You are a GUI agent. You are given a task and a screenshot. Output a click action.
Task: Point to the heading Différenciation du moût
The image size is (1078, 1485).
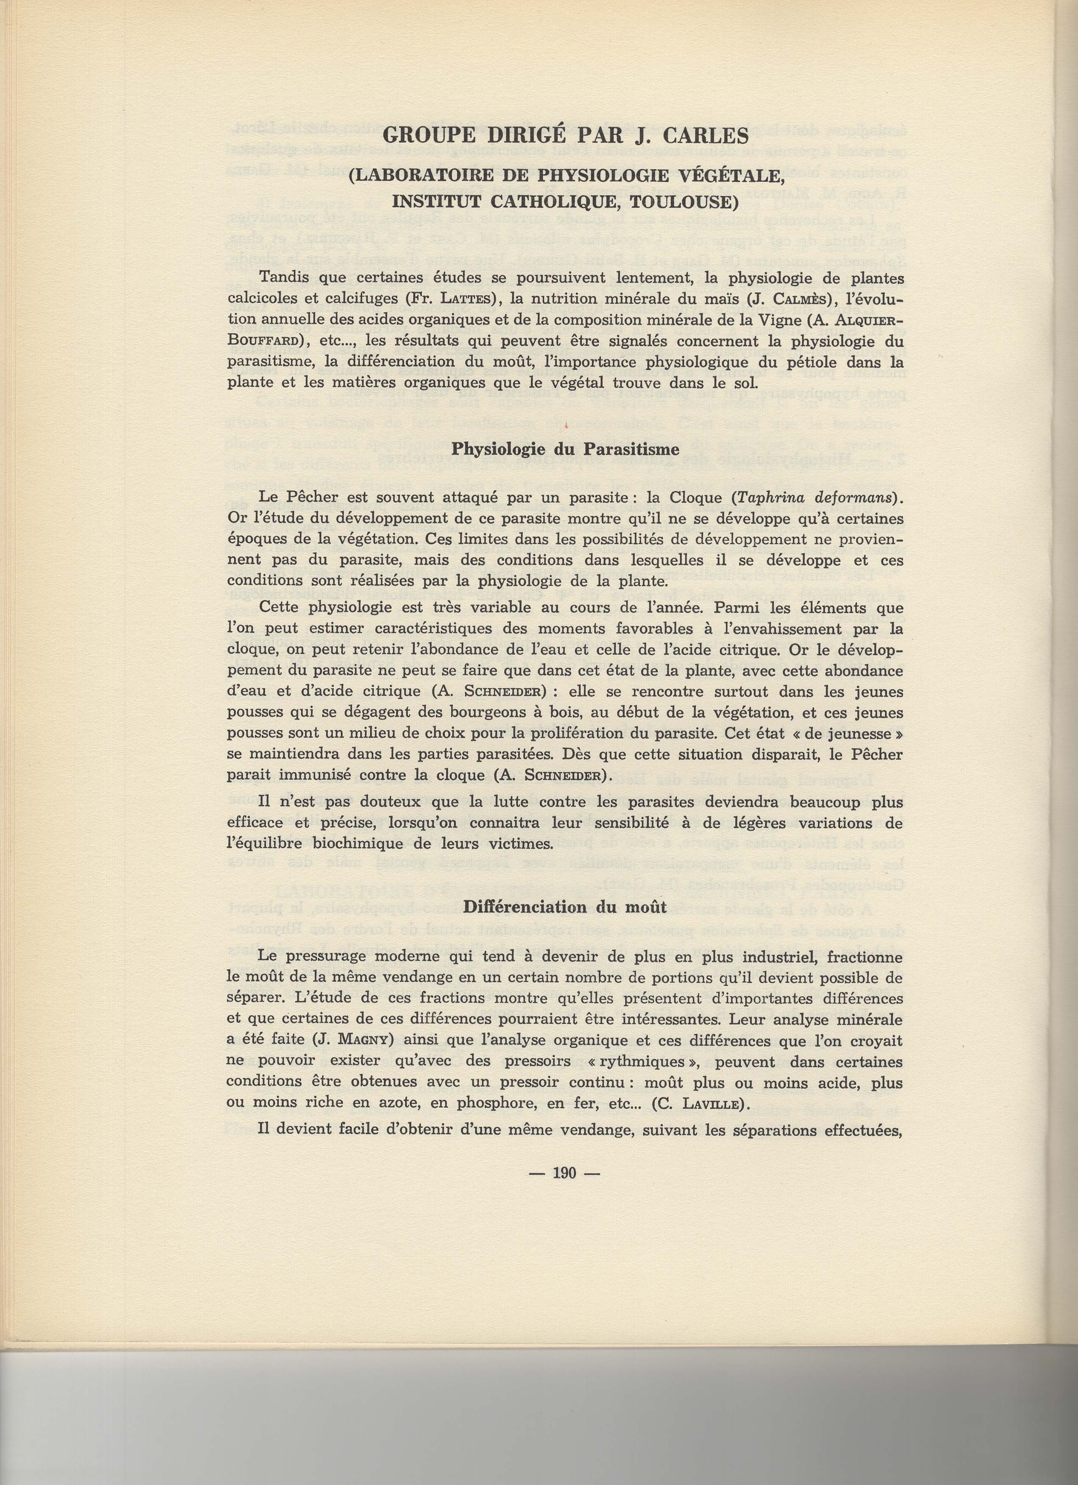[564, 907]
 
